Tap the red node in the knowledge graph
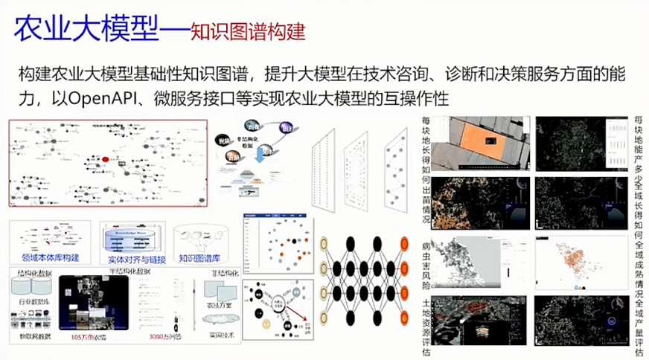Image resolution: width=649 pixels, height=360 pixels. (x=105, y=159)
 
